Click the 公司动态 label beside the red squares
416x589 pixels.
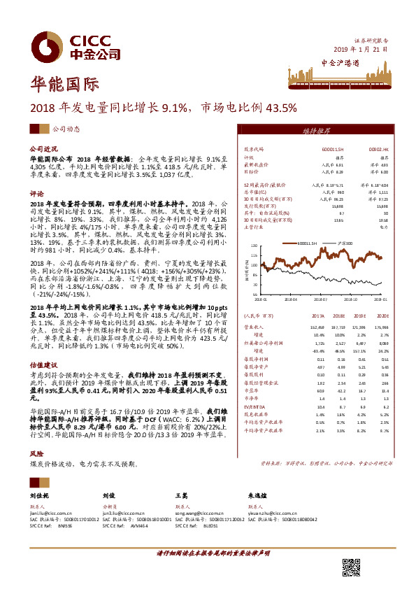point(67,129)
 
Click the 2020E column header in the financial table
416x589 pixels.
point(381,315)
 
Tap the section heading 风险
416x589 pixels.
point(36,453)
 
